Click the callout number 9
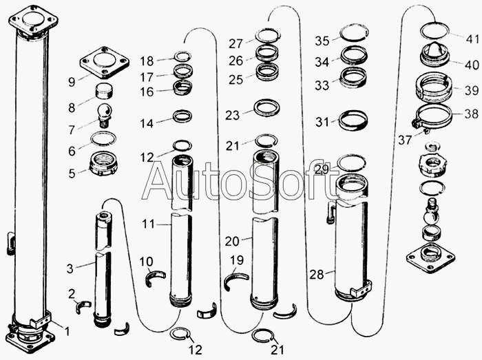72,82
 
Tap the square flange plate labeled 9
105,63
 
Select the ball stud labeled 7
105,115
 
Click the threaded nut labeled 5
103,164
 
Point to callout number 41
472,39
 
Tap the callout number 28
317,274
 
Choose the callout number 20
232,242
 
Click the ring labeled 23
267,108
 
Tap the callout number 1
67,331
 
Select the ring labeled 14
182,116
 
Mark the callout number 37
405,140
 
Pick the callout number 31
322,122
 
